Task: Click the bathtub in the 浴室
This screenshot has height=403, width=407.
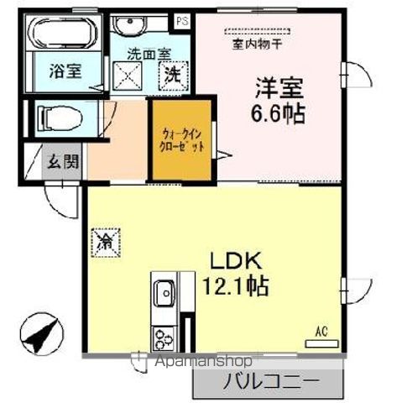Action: [63, 33]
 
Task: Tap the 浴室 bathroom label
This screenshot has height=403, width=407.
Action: [64, 71]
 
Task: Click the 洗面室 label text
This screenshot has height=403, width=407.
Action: [147, 53]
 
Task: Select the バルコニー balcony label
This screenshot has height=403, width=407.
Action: [270, 382]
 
